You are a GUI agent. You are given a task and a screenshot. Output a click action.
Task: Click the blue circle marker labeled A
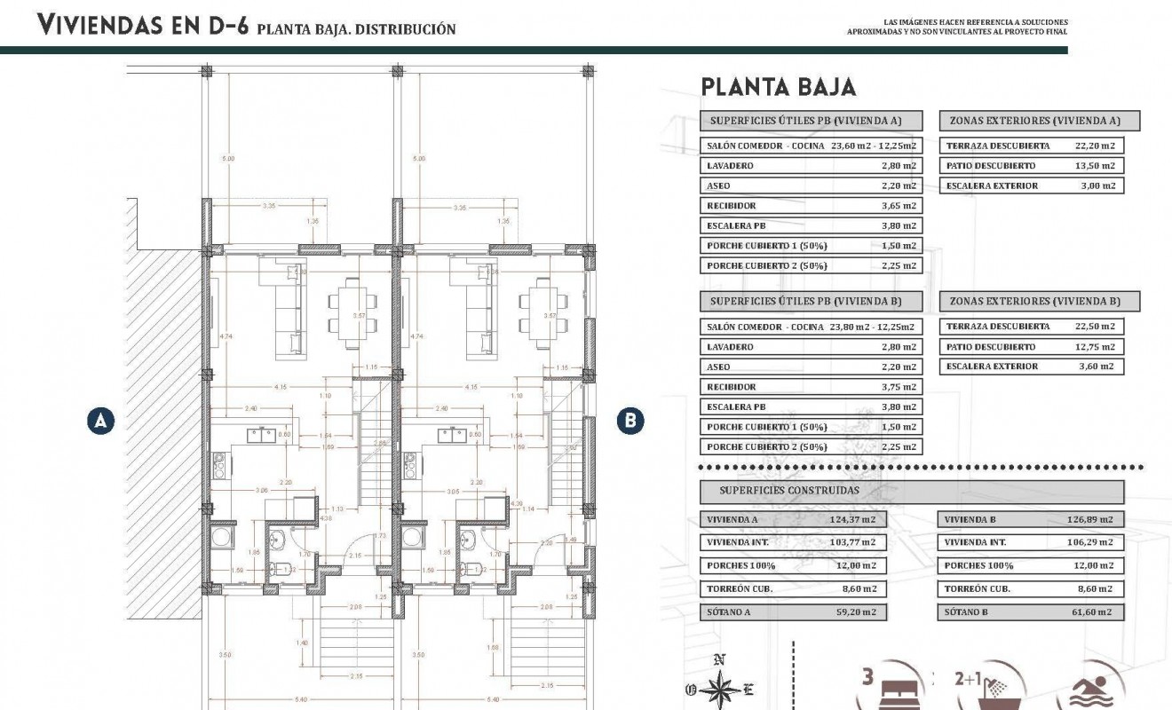(x=102, y=421)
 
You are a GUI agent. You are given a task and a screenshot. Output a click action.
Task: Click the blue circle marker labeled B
(x=630, y=421)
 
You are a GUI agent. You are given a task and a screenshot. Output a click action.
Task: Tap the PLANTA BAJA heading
(x=778, y=87)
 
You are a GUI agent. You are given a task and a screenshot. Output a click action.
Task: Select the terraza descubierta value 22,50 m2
(x=1094, y=327)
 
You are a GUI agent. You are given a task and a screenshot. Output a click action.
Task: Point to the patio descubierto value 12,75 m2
(x=1094, y=347)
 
